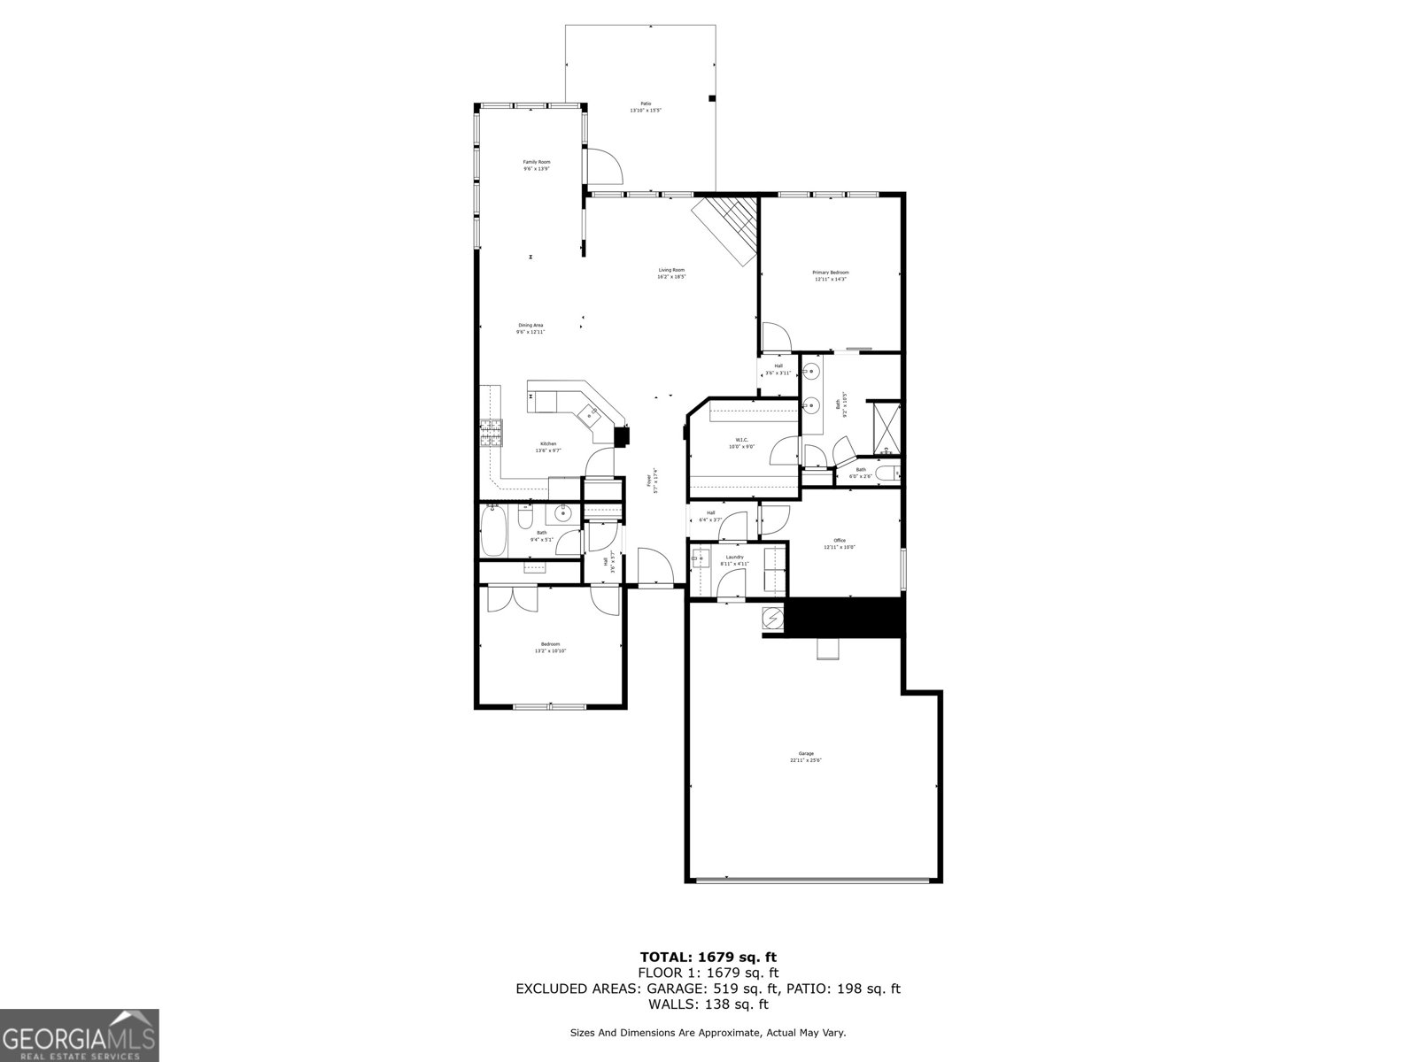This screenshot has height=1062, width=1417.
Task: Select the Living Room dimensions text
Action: [x=671, y=277]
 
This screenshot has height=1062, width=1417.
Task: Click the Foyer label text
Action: [x=648, y=481]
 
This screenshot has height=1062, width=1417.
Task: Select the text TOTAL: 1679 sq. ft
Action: [x=708, y=957]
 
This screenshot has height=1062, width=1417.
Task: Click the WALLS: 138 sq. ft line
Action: [x=708, y=1004]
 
